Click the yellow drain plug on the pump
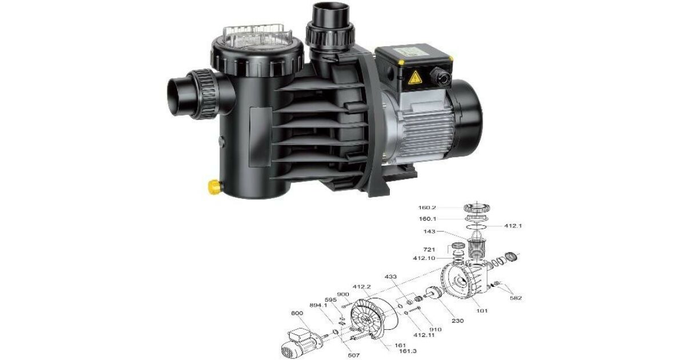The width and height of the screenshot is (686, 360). [x=215, y=187]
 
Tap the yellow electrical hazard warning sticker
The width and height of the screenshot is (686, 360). [x=414, y=77]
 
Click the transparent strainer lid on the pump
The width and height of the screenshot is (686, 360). [x=258, y=38]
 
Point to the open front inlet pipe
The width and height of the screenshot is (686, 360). [x=178, y=96]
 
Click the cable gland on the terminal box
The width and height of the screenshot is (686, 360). [x=440, y=76]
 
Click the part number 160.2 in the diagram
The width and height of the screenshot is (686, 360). [x=427, y=207]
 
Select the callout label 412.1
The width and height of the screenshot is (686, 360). [x=513, y=226]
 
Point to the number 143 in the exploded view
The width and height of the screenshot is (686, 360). [x=429, y=231]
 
